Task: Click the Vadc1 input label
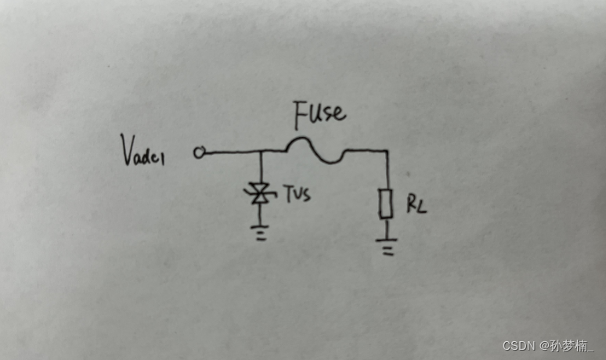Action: [148, 151]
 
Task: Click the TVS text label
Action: [297, 192]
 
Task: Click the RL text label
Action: [416, 206]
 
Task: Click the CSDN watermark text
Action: [519, 345]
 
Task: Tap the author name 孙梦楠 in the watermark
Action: [571, 345]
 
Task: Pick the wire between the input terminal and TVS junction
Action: [231, 153]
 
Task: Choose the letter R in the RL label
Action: [410, 205]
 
